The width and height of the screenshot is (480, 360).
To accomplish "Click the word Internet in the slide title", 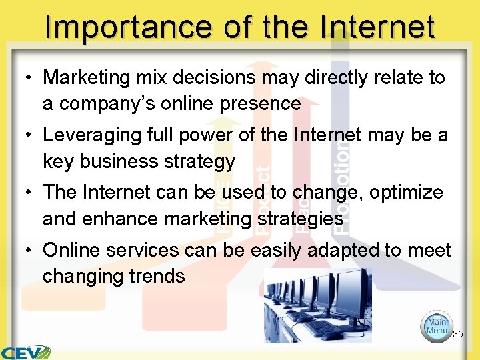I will [x=378, y=27].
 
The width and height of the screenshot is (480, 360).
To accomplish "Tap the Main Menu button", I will [x=437, y=326].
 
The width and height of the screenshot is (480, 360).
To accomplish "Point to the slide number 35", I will [x=457, y=334].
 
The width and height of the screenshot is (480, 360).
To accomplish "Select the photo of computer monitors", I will [x=318, y=305].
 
